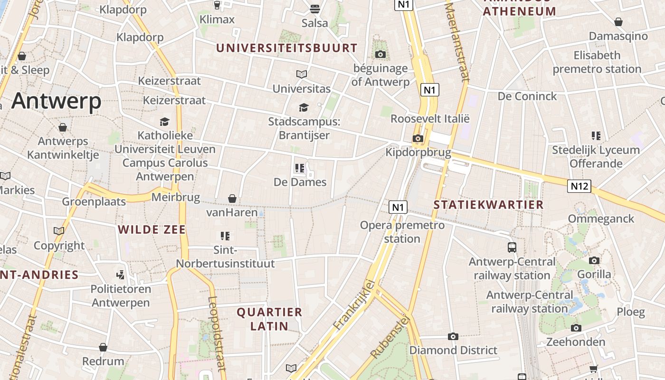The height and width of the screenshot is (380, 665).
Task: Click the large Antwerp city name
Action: point(57,101)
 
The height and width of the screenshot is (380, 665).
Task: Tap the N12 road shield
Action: point(579,186)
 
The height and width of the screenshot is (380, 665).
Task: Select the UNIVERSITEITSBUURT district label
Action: point(286,48)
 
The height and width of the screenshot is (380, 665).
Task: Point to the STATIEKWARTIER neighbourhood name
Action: point(488,205)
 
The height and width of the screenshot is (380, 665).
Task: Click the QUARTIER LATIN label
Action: point(269,319)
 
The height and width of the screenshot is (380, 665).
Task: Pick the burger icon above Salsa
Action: point(314,9)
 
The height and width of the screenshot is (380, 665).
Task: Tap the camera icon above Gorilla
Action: point(594,260)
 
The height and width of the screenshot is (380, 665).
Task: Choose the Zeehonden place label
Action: point(576,342)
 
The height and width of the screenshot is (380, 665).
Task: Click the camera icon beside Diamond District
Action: point(453,336)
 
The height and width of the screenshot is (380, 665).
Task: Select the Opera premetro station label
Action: point(402,232)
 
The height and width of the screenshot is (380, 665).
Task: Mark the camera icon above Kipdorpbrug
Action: point(418,138)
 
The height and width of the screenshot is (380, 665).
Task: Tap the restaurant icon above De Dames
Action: point(300,168)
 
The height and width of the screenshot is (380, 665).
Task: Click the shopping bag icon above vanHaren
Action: point(232,198)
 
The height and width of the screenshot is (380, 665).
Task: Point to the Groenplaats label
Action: point(94,201)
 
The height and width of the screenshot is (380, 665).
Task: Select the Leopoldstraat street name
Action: point(216,333)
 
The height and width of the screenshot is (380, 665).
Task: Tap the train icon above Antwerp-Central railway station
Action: point(512,247)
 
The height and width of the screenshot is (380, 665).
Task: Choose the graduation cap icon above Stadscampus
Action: point(304,107)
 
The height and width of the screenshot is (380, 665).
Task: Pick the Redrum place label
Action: point(103,361)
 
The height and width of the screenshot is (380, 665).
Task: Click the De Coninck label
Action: point(527,96)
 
